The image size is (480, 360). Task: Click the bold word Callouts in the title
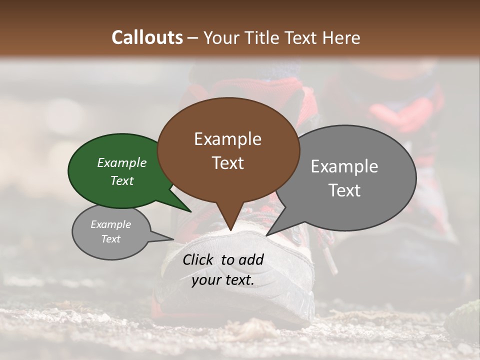pos(147,37)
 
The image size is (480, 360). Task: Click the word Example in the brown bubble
pos(228,139)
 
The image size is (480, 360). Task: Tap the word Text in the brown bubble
pos(228,163)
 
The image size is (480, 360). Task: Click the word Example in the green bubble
pos(122,162)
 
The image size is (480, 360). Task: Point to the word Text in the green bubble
pos(122,180)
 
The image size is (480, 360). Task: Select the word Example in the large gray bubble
pos(344,166)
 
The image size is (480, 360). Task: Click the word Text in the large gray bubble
pos(344,190)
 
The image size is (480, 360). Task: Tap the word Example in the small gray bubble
pos(111,224)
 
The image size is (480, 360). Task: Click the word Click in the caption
pos(199,259)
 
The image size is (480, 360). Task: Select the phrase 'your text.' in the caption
pos(223,280)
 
